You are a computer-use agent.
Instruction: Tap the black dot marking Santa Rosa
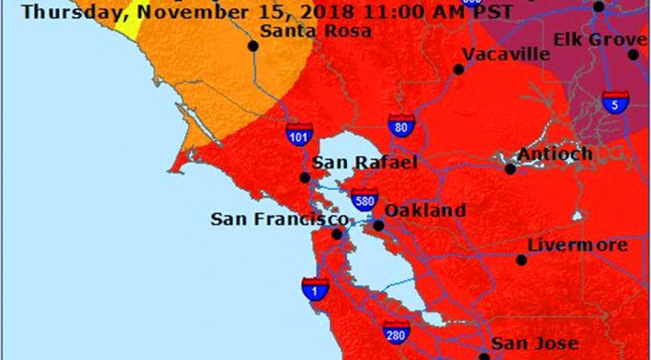(253, 45)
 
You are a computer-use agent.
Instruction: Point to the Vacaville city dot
(458, 68)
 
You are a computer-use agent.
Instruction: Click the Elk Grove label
(599, 39)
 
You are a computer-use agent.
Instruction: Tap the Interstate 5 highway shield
(615, 103)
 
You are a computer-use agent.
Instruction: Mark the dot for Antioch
(510, 169)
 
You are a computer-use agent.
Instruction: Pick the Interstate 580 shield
(365, 199)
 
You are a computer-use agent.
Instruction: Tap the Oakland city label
(425, 210)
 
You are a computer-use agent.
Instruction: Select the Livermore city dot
(521, 259)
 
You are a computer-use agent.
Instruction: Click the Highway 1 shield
(314, 290)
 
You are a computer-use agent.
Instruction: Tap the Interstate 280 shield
(397, 331)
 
